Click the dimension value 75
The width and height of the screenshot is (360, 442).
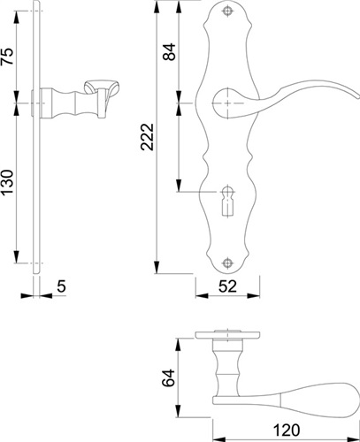coord(7,57)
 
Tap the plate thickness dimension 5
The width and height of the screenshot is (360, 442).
coord(61,286)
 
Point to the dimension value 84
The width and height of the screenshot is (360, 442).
coord(170,52)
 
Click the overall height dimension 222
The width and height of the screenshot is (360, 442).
coord(148,137)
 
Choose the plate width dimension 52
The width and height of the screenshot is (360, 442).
coord(227,286)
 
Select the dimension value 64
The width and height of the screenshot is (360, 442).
coord(169,377)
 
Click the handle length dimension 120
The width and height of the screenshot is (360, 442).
coord(287,431)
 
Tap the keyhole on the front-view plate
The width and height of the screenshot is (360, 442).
coord(227,202)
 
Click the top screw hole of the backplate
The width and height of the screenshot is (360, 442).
coord(227,11)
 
